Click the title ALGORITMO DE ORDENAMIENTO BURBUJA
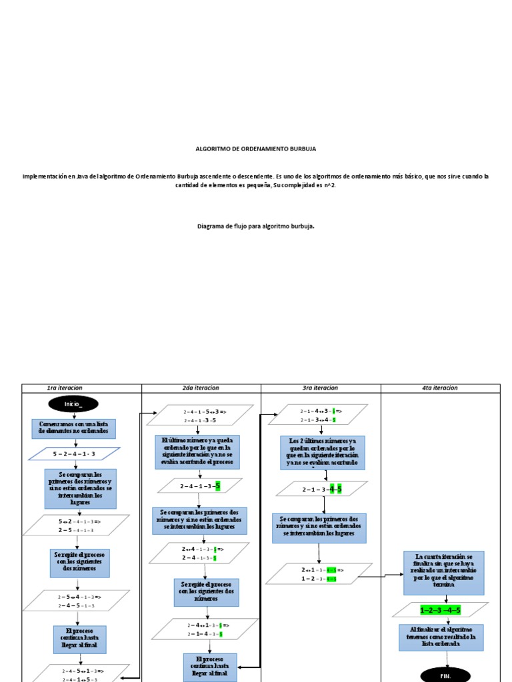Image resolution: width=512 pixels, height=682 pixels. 256,149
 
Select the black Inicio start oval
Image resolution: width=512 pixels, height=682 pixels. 73,404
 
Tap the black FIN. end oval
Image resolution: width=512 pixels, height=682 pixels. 445,675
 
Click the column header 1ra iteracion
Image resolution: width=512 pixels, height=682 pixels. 65,388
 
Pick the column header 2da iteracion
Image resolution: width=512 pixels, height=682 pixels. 201,388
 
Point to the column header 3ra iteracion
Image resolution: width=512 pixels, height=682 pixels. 320,388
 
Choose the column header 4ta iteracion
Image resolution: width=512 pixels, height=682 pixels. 440,388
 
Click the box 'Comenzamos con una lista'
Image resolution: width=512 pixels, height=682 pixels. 73,428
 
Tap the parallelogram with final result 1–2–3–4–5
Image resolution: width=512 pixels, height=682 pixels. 440,609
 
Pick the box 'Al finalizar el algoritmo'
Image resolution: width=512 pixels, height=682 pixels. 441,637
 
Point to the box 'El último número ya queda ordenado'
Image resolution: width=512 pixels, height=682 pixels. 197,452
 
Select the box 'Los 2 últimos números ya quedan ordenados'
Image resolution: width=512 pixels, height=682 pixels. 323,452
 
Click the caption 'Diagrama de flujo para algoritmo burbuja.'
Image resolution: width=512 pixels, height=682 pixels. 256,226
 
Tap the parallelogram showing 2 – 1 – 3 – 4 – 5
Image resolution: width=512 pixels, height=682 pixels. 322,490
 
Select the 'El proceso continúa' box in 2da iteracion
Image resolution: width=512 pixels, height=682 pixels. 210,667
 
